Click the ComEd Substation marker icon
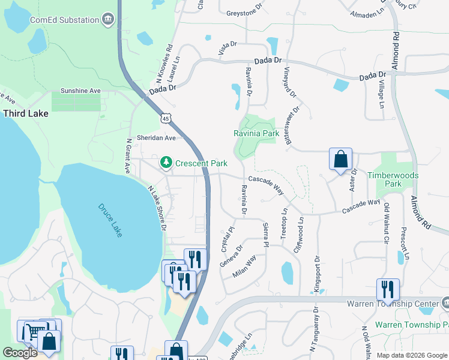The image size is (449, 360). click(108, 19)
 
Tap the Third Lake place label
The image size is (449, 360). click(23, 113)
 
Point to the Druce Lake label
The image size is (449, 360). click(110, 220)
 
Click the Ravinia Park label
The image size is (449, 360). click(255, 133)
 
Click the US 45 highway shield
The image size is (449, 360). click(165, 119)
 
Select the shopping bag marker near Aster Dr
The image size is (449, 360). click(340, 160)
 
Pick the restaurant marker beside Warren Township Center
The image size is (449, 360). click(388, 290)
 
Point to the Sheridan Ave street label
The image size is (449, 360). click(156, 137)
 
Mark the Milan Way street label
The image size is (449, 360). click(245, 266)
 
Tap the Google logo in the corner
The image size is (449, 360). click(20, 353)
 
